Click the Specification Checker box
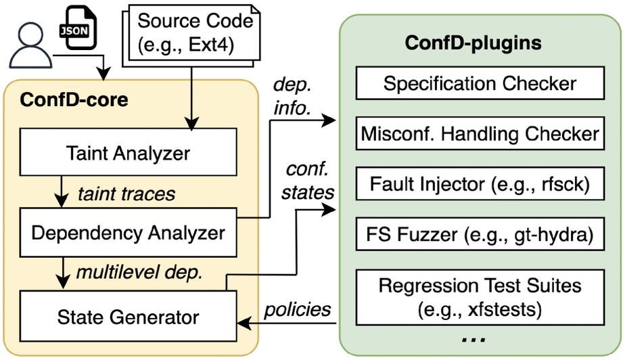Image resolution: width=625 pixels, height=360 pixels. click(x=480, y=84)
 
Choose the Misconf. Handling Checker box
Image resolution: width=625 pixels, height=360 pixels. click(x=480, y=134)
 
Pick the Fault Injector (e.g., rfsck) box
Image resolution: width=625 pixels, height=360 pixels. click(x=480, y=184)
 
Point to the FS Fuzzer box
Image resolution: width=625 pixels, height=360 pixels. click(x=480, y=235)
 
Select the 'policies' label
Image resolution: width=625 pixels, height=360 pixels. click(x=297, y=309)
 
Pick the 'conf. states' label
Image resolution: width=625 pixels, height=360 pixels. click(x=308, y=180)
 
